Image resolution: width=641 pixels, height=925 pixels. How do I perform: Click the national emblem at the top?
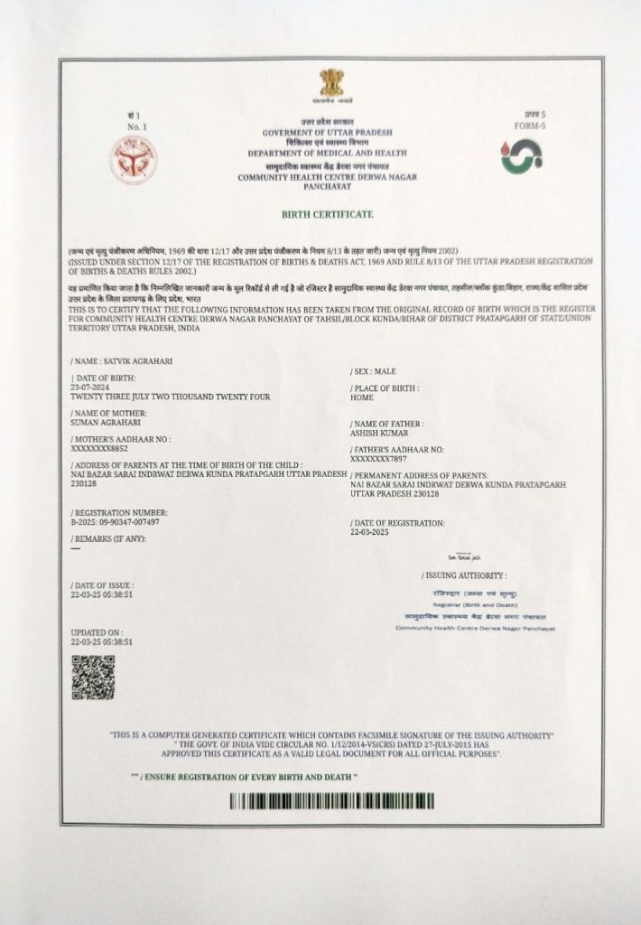coord(331,87)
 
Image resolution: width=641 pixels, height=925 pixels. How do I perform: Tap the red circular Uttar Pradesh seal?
coord(133,156)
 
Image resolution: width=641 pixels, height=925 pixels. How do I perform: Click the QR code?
coord(93,677)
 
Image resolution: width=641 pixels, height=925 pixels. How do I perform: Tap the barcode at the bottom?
coord(331,800)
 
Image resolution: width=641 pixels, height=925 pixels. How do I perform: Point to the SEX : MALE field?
coord(373,371)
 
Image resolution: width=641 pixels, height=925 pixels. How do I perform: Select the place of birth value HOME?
coord(362,397)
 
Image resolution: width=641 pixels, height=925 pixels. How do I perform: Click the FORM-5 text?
coord(534,126)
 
